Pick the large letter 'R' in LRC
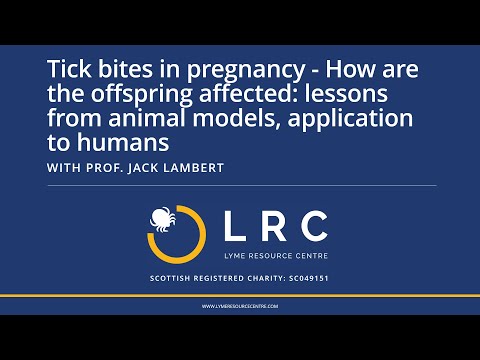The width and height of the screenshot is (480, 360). (269, 227)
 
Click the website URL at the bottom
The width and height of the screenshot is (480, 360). (240, 306)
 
